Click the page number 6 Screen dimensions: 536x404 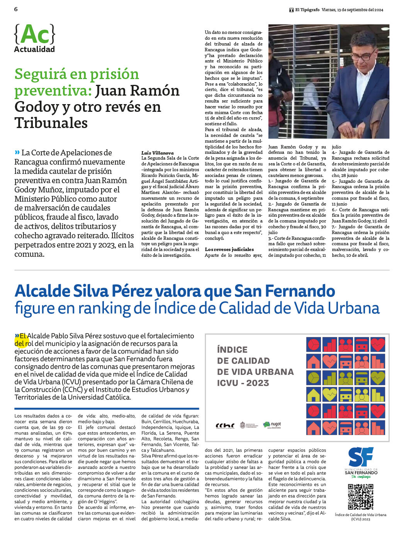[x=16, y=9]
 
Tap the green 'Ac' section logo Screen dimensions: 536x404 [x=34, y=34]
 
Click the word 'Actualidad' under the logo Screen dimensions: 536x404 [x=34, y=49]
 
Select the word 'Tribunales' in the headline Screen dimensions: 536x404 [x=51, y=123]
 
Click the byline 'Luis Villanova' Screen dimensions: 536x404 [x=157, y=153]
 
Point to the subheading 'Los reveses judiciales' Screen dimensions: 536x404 [x=229, y=249]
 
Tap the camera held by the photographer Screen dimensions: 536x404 [x=277, y=90]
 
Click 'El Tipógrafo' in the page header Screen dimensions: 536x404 [x=307, y=10]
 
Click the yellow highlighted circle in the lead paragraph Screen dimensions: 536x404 [x=22, y=339]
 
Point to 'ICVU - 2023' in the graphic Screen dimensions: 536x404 [x=243, y=383]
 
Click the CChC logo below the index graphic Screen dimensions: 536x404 [x=225, y=426]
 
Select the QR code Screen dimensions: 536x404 [x=360, y=497]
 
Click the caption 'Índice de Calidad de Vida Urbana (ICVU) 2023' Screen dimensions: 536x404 [x=360, y=517]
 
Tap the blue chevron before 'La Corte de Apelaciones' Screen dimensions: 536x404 [x=17, y=152]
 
